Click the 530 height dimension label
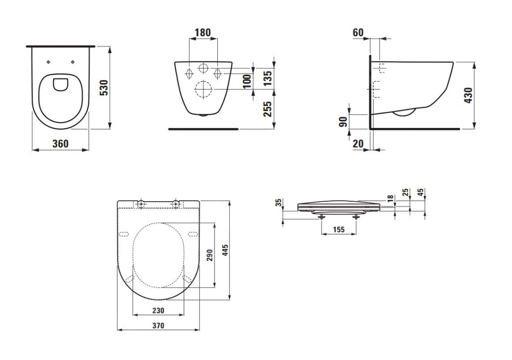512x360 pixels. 104,88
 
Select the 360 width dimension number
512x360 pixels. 60,144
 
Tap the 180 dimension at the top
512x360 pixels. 203,33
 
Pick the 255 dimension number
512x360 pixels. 267,109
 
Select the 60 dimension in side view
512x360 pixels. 358,33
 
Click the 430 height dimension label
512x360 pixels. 468,95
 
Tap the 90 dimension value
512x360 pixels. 343,122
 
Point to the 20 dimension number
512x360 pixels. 358,144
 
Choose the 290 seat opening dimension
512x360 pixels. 210,255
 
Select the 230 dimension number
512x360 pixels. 158,310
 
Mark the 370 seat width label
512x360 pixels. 158,326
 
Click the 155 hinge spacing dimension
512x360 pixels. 339,229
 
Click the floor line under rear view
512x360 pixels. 203,129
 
